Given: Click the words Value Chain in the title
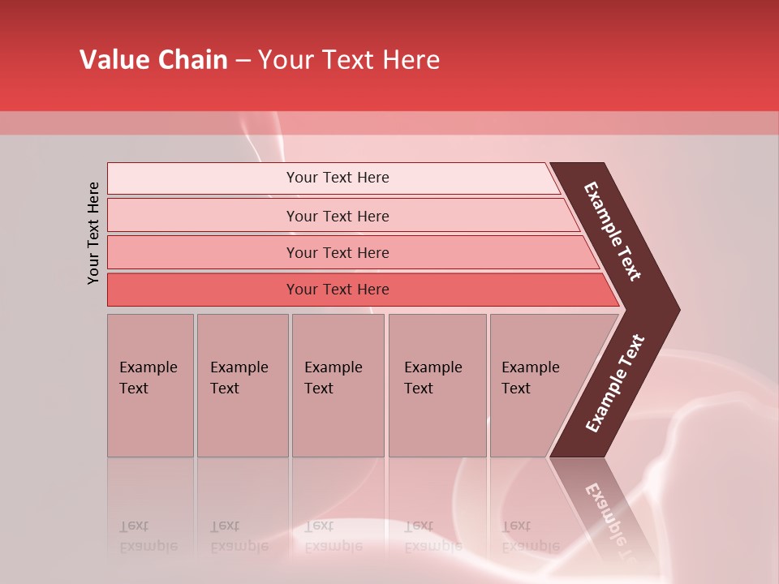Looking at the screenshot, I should pyautogui.click(x=153, y=60).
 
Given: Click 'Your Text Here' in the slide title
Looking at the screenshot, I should pyautogui.click(x=349, y=60).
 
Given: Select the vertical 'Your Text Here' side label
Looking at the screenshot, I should pyautogui.click(x=93, y=233).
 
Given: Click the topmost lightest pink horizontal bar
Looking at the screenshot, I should pyautogui.click(x=338, y=178).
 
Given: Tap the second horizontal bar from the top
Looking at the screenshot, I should pyautogui.click(x=338, y=216).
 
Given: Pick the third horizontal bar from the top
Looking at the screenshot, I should pyautogui.click(x=338, y=252).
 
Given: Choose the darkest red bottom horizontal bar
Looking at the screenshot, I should pyautogui.click(x=338, y=290).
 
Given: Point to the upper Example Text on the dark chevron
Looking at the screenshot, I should pyautogui.click(x=613, y=231).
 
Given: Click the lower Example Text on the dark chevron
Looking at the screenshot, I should pyautogui.click(x=615, y=383).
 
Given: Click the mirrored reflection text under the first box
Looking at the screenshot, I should pyautogui.click(x=148, y=536).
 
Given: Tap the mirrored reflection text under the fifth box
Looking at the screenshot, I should pyautogui.click(x=530, y=536).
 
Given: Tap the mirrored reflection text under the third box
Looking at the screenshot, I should pyautogui.click(x=333, y=536).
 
